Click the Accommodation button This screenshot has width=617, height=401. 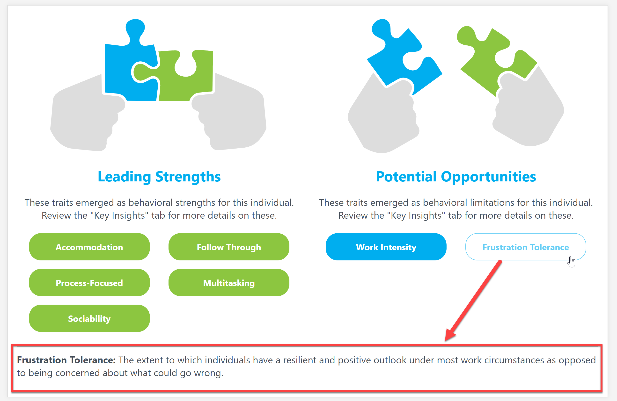(x=89, y=247)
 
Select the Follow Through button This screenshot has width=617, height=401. (x=229, y=247)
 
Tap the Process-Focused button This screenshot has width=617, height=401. (x=89, y=283)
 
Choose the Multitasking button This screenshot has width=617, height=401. (x=229, y=283)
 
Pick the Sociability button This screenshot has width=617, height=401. (x=89, y=318)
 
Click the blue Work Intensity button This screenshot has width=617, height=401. (x=386, y=247)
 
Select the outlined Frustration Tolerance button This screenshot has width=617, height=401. (x=525, y=247)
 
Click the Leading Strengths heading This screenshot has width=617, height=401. (x=159, y=177)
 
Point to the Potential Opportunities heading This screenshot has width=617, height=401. (x=456, y=177)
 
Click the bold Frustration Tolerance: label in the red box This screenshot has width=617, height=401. (x=66, y=360)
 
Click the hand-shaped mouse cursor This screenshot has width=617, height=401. (x=571, y=262)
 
